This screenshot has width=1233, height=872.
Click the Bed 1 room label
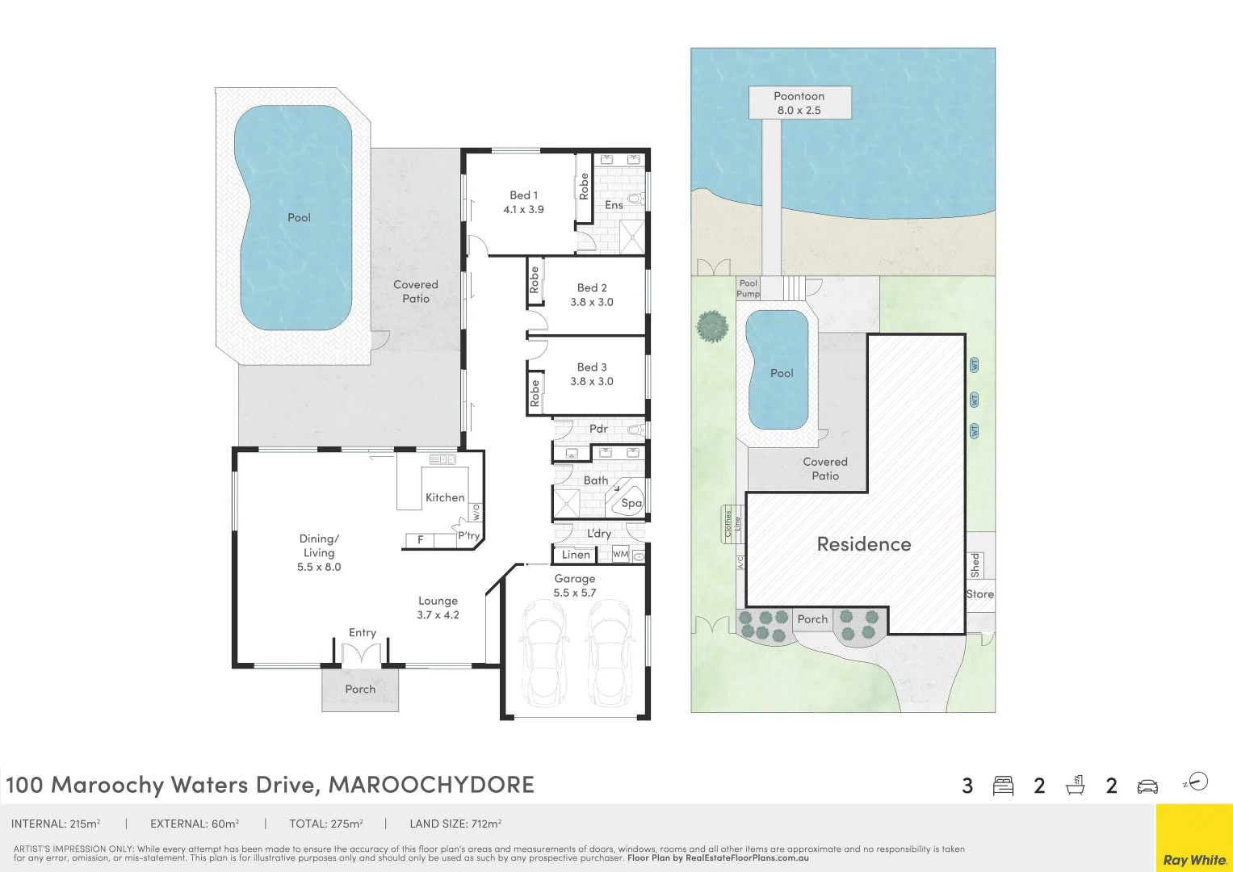[523, 195]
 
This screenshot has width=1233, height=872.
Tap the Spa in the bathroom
[631, 503]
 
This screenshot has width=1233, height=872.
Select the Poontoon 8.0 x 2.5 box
[799, 103]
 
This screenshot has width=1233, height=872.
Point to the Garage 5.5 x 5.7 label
[574, 585]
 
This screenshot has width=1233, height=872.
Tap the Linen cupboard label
[576, 555]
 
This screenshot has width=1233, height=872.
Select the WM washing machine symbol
[619, 554]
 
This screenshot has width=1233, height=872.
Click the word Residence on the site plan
[863, 544]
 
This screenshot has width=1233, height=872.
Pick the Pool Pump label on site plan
[749, 288]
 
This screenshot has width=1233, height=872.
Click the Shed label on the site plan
[975, 564]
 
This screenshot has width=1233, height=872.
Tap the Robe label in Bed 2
[534, 279]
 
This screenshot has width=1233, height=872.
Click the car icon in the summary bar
[1147, 786]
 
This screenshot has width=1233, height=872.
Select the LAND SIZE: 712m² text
[455, 824]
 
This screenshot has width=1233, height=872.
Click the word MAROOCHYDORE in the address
[431, 785]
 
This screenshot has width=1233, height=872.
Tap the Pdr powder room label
[598, 429]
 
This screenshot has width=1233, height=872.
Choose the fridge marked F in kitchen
[420, 540]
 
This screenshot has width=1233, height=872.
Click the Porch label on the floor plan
[360, 689]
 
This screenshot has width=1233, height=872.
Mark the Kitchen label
[445, 497]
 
